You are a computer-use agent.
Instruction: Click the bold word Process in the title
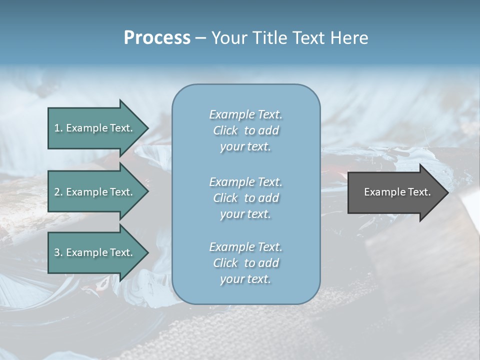point(157,38)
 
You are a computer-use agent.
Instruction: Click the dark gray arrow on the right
point(395,192)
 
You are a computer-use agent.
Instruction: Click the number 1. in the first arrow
point(58,128)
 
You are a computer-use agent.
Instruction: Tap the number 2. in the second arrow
point(58,192)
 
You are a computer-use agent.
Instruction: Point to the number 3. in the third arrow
point(58,252)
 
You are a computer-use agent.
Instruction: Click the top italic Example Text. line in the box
point(245,114)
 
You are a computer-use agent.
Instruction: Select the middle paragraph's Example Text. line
point(245,182)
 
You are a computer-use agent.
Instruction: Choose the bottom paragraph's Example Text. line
point(245,247)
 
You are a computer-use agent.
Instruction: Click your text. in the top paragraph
point(245,147)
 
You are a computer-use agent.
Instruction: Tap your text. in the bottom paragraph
point(245,279)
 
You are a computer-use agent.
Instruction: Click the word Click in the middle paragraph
point(225,198)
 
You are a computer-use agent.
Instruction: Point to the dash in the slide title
point(200,38)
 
